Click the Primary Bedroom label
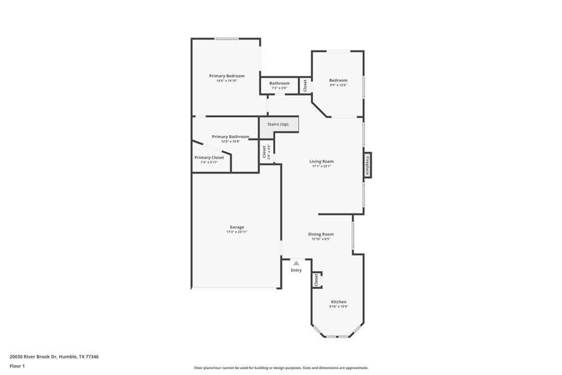[227, 76]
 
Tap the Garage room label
[237, 227]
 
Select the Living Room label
[321, 161]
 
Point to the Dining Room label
[321, 234]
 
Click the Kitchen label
[338, 302]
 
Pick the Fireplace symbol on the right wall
[367, 165]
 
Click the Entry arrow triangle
[296, 263]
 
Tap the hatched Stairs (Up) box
[279, 125]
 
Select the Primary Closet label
[209, 158]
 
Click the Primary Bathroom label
[231, 137]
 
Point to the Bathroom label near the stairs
[279, 83]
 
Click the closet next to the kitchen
[317, 279]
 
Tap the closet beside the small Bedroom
[305, 85]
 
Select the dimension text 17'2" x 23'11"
[237, 232]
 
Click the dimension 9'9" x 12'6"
[338, 85]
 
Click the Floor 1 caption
[17, 366]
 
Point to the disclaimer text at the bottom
[281, 368]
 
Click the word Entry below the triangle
[296, 270]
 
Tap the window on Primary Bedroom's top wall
[226, 38]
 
